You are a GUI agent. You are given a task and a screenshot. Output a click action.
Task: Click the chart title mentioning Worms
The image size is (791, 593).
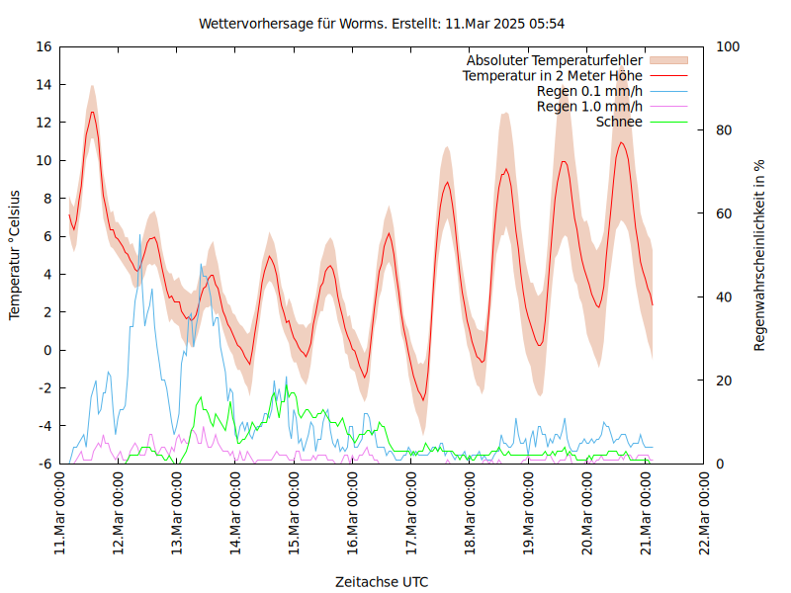(382, 23)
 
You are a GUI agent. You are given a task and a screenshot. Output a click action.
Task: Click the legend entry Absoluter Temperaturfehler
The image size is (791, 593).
(555, 60)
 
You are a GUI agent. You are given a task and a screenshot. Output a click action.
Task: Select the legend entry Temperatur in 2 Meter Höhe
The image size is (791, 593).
(553, 76)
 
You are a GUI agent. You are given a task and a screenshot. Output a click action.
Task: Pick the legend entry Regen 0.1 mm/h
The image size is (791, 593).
(589, 91)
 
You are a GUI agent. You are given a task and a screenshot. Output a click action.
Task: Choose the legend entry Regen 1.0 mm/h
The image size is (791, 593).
(589, 107)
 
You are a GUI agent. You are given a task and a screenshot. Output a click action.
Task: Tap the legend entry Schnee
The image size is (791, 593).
(619, 122)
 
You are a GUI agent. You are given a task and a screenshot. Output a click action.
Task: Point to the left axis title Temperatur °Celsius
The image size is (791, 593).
(16, 255)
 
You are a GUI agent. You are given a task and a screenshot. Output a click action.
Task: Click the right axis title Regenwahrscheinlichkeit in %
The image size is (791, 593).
(759, 255)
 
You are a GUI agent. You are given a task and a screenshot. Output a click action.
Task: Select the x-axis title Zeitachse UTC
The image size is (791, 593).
(382, 581)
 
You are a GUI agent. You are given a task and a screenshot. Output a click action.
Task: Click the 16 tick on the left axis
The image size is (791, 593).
(44, 46)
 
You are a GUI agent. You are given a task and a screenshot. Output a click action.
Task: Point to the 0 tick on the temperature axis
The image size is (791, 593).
(47, 350)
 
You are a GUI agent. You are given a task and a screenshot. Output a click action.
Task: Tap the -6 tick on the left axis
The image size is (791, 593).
(44, 464)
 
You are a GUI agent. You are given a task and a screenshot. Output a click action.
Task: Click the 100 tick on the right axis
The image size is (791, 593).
(727, 46)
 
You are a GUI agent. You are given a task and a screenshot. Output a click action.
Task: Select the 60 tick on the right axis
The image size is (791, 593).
(723, 213)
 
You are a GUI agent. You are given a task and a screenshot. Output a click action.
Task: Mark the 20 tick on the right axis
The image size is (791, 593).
(723, 381)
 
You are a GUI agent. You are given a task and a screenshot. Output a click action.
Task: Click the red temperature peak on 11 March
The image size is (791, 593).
(93, 112)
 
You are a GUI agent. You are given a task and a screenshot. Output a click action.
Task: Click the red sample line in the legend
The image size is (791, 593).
(668, 76)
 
